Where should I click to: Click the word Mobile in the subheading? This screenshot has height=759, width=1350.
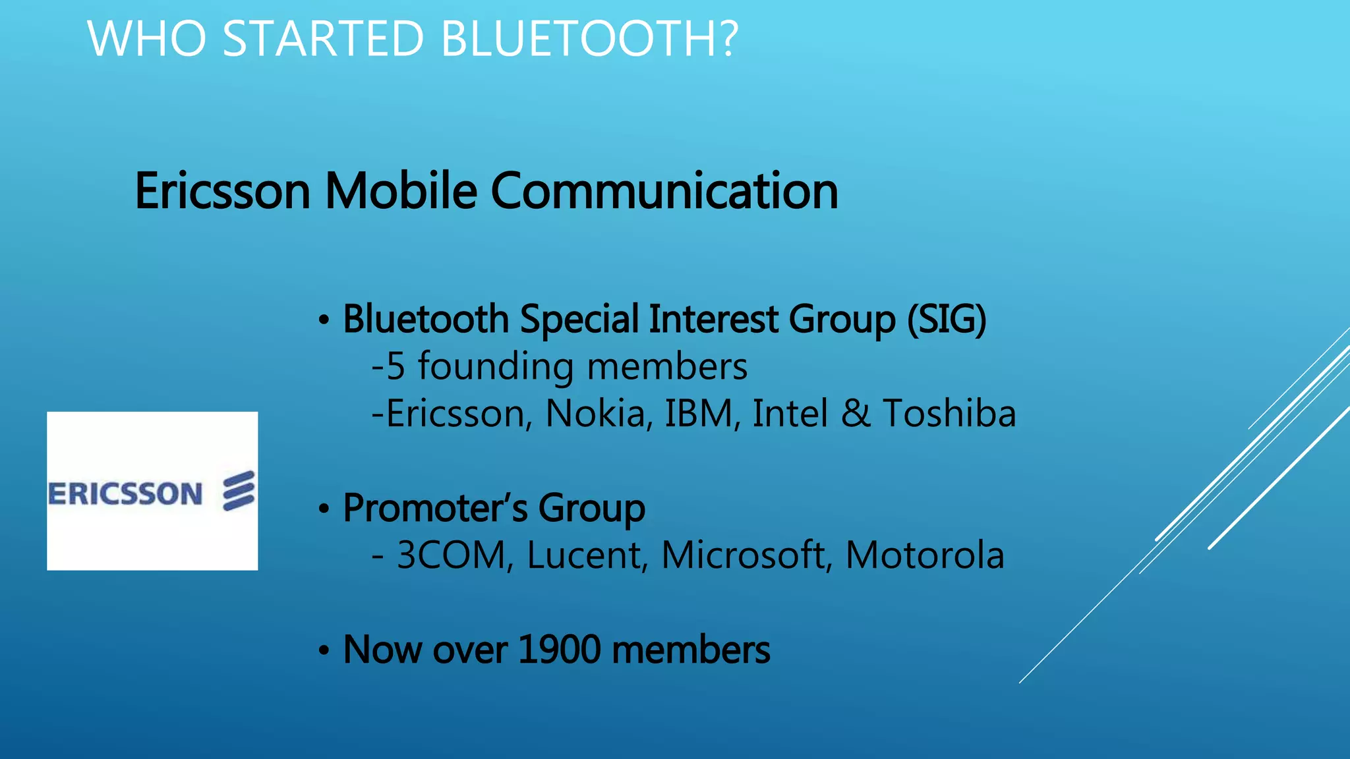coord(401,190)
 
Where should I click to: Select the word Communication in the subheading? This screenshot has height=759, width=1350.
coord(664,190)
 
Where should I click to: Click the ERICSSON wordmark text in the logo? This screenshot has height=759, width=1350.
coord(125,494)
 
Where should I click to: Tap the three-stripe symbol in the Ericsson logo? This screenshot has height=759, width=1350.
coord(239,491)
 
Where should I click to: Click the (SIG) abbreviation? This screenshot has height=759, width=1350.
coord(947,320)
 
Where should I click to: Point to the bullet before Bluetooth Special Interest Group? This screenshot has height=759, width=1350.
coord(323,321)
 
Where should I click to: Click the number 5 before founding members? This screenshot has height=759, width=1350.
coord(395,366)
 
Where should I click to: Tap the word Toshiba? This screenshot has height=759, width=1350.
coord(949,414)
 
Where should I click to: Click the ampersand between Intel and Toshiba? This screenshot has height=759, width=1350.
coord(856,414)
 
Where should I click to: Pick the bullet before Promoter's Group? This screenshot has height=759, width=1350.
coord(323,509)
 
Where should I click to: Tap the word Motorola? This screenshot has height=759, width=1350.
coord(925,555)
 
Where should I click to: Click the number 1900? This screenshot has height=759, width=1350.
coord(560,650)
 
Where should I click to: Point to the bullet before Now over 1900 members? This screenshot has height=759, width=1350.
coord(323,651)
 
